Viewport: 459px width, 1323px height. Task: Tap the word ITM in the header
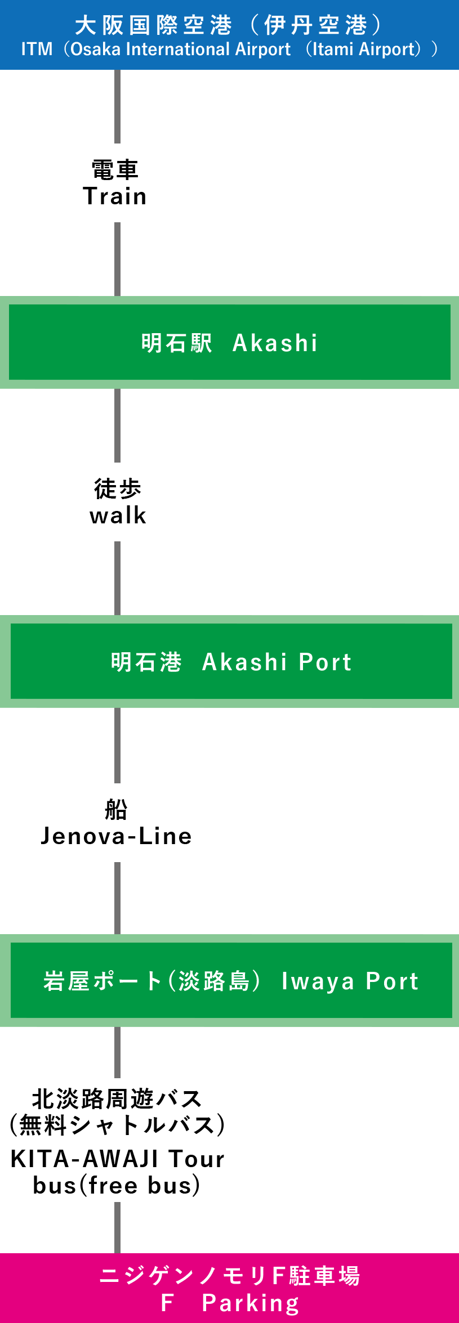37,50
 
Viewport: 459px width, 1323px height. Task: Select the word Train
115,196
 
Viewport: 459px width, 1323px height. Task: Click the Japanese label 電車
115,169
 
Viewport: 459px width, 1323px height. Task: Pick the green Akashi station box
229,342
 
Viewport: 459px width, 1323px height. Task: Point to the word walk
118,515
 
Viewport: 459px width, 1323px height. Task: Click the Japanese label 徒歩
118,488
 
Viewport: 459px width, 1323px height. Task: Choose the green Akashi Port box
231,662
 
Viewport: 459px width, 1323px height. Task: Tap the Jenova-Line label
117,836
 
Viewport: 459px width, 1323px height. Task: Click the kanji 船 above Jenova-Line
117,810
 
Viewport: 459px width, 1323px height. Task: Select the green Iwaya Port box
231,981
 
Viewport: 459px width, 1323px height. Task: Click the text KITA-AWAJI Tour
117,1159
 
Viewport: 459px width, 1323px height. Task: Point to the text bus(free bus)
117,1186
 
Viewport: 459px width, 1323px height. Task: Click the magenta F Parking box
229,1288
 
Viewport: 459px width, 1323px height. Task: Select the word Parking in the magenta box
251,1303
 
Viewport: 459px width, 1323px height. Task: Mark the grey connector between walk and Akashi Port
117,578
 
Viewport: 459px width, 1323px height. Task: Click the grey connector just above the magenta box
117,1227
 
